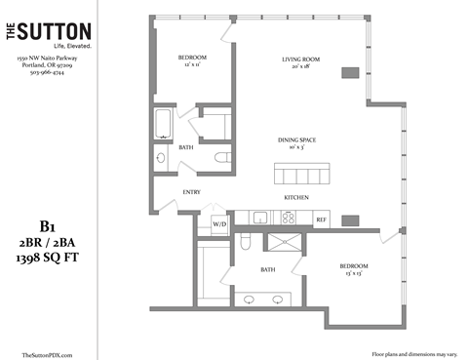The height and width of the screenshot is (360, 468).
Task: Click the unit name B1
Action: (45, 222)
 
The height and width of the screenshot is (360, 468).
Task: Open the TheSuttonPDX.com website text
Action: (46, 355)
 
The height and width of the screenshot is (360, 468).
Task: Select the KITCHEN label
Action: (296, 197)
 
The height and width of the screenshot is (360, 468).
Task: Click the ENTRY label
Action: (191, 192)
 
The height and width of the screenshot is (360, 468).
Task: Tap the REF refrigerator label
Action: (321, 220)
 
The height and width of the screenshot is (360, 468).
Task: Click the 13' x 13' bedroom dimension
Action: (352, 273)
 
